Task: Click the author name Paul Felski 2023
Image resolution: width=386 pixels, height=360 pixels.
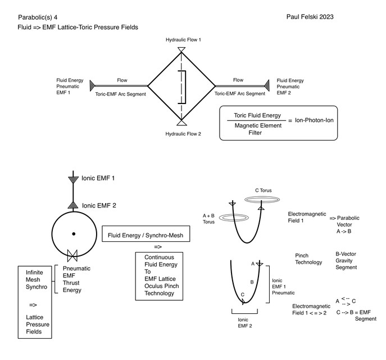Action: tap(310, 17)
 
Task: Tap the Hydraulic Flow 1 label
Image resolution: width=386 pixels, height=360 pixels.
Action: tap(183, 40)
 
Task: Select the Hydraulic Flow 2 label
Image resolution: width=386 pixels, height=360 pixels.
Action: tap(183, 134)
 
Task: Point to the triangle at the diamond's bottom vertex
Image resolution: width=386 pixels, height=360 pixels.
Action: tap(181, 121)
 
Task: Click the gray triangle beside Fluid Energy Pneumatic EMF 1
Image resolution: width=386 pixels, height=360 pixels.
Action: tap(92, 85)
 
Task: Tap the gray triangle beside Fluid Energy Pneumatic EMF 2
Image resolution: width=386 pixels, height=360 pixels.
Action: tap(268, 85)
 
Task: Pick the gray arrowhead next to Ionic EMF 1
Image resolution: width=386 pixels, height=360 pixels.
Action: tap(72, 179)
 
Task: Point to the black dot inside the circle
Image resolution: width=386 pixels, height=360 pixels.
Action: tap(73, 233)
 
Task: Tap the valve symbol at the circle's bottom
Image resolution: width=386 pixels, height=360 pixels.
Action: tap(72, 256)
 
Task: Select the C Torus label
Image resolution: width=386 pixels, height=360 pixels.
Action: tap(263, 191)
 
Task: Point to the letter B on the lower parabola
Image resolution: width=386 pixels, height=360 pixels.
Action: tap(252, 282)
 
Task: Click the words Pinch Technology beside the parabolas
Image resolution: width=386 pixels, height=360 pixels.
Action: tap(308, 259)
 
